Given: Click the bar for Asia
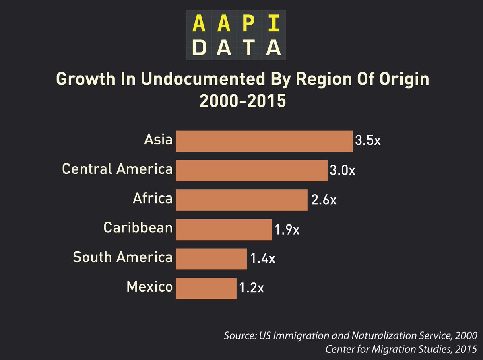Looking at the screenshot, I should point(264,141).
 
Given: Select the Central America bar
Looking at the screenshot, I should point(252,170).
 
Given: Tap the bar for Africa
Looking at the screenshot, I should point(242,200).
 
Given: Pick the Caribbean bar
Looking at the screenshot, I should point(224,229).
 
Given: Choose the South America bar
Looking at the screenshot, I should point(211,259).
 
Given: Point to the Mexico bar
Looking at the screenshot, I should point(206,288).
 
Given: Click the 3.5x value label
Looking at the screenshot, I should point(368,141).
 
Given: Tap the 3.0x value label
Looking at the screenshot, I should point(343,171).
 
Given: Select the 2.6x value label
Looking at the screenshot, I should point(324,200).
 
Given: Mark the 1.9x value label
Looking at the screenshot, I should point(287,230).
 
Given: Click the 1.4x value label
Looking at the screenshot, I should point(262,259).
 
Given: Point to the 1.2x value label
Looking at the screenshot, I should point(252,288).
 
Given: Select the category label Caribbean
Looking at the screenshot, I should point(138,228).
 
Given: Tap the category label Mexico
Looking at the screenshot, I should point(149,287).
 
